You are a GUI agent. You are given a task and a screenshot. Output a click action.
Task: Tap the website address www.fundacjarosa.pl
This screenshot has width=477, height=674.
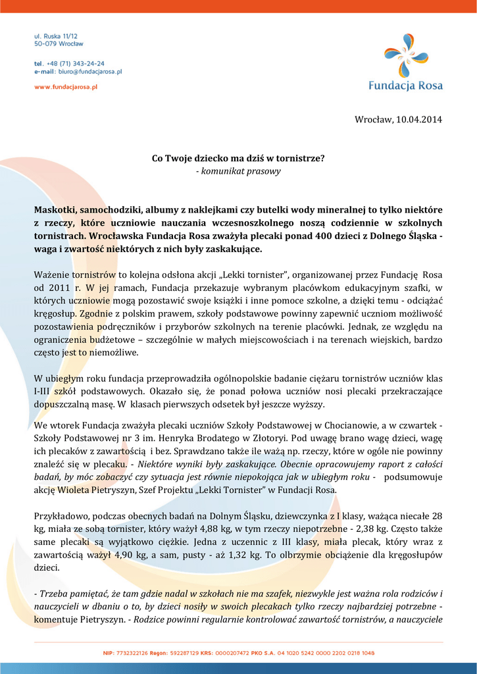coord(66,87)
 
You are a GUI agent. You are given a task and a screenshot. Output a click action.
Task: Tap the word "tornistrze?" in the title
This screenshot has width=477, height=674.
coord(300,159)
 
